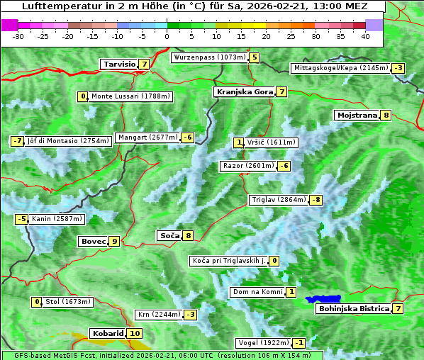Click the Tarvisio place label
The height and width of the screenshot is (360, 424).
(x=118, y=64)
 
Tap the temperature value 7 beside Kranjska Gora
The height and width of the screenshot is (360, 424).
(x=281, y=91)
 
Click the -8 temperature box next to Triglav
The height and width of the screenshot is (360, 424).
(x=316, y=200)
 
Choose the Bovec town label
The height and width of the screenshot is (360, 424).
(x=93, y=241)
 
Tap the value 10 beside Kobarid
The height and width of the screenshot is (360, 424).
(x=135, y=333)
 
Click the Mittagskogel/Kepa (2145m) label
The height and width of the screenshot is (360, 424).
(x=341, y=68)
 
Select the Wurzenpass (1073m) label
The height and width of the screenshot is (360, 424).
(x=209, y=57)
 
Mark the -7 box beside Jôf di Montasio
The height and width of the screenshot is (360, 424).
(x=18, y=141)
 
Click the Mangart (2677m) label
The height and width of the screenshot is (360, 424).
(x=148, y=137)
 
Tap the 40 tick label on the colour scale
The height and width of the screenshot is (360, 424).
(x=365, y=36)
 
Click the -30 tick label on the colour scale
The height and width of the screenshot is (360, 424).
(x=19, y=36)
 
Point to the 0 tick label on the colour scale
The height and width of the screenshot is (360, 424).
(x=167, y=36)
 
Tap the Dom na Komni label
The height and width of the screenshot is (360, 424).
(x=257, y=292)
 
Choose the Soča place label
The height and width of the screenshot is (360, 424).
(x=169, y=235)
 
